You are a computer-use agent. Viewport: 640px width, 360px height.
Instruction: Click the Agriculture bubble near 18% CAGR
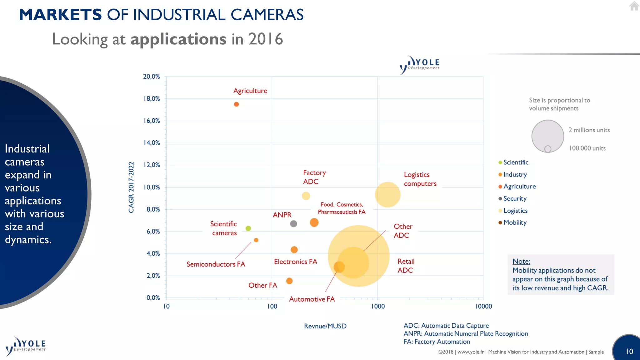[236, 104]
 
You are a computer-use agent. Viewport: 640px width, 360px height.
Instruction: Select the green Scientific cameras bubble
[248, 228]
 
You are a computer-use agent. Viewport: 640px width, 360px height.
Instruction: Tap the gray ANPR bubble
[293, 224]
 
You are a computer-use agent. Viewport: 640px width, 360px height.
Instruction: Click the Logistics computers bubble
[387, 195]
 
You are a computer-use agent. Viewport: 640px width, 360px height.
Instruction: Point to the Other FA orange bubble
[289, 281]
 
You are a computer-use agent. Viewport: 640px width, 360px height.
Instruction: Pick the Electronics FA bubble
[294, 250]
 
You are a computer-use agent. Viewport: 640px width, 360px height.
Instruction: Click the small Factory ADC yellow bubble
[306, 196]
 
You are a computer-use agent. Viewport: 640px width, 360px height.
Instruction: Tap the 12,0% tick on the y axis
[152, 165]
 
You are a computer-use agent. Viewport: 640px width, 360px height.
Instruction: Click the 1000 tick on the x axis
[378, 306]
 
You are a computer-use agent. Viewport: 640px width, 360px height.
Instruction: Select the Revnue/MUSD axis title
[325, 326]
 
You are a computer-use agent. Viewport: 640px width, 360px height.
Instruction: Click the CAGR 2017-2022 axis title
[131, 187]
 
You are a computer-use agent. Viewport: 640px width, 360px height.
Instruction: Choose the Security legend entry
[515, 198]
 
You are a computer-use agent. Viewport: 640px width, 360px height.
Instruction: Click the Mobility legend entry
[515, 222]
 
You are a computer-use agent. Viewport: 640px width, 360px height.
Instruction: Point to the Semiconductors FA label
[216, 264]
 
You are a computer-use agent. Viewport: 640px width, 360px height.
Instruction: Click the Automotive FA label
[312, 299]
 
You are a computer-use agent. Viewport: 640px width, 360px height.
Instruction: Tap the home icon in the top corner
[634, 6]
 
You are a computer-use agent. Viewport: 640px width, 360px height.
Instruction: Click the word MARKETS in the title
[60, 15]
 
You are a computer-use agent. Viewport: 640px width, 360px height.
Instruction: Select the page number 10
[629, 352]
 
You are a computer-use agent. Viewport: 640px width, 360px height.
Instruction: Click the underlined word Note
[521, 261]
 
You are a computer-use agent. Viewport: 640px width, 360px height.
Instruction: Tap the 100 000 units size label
[587, 148]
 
